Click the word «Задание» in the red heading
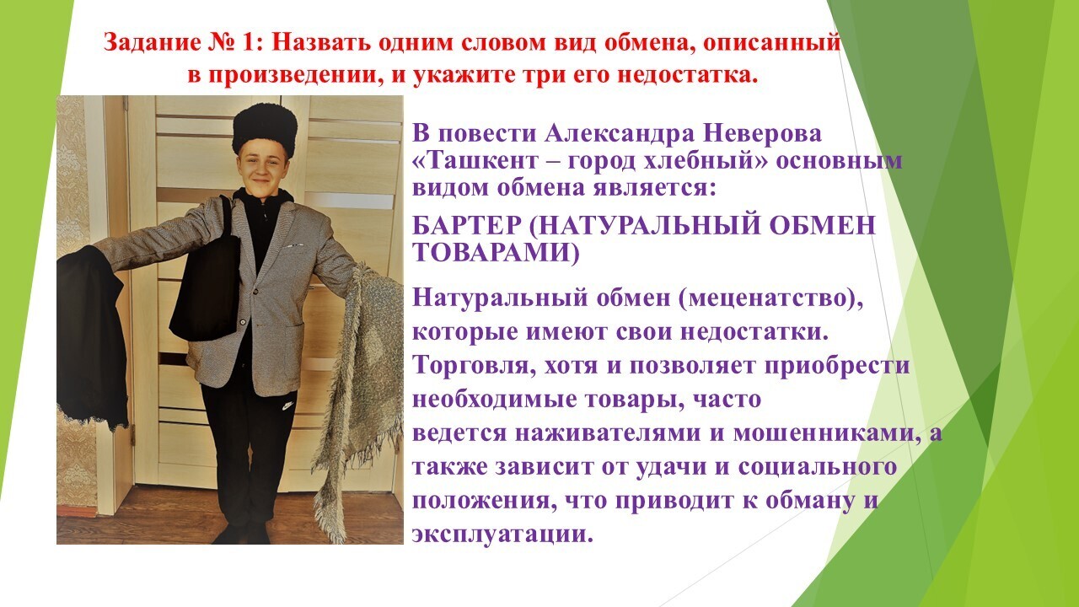[152, 43]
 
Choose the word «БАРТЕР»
[467, 224]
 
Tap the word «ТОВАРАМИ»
[491, 252]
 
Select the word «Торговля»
[475, 366]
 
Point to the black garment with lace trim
[92, 337]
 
